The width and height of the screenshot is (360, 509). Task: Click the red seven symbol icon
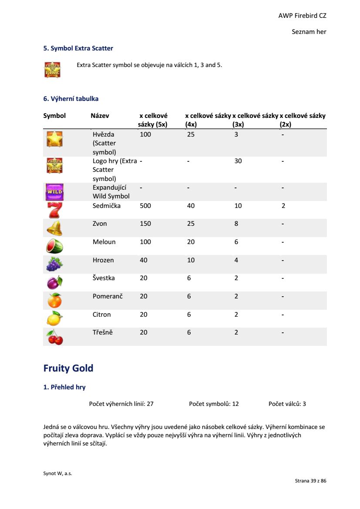(54, 210)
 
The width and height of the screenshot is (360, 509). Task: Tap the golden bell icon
(54, 228)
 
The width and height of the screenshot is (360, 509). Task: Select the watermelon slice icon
(54, 246)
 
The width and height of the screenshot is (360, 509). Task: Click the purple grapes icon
(54, 264)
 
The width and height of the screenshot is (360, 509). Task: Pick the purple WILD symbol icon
(54, 191)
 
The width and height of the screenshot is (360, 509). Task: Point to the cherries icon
(55, 337)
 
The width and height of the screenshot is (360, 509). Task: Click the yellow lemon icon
(54, 318)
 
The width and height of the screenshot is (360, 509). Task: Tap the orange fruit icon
(54, 300)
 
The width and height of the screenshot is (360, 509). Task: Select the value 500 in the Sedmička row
(145, 206)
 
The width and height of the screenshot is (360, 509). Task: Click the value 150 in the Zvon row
(145, 224)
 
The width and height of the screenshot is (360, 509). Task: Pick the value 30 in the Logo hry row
(238, 161)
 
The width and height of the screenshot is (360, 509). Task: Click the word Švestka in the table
(104, 278)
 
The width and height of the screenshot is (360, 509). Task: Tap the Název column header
(100, 116)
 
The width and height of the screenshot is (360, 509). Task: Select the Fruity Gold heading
(68, 368)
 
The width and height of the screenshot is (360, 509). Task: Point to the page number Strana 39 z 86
(310, 481)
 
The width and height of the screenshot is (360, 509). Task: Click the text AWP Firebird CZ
(302, 16)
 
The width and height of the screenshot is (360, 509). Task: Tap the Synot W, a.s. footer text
(57, 474)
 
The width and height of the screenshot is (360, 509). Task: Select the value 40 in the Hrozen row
(144, 260)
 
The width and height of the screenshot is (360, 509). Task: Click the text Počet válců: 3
(287, 404)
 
